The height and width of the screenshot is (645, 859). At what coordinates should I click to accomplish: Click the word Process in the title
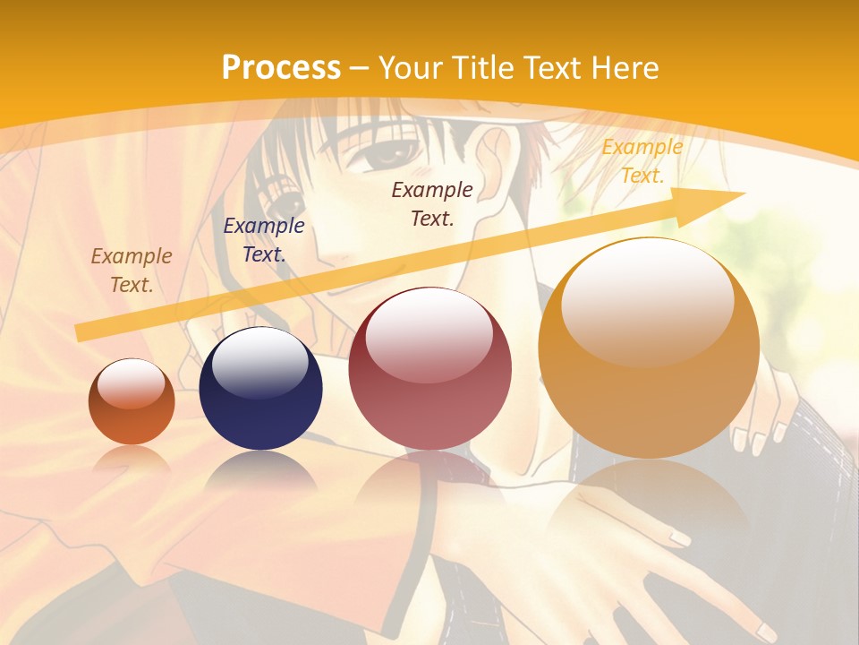coord(281,68)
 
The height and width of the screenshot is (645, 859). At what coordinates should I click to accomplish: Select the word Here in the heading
coord(626,68)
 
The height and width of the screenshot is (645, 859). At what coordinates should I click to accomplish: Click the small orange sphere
coord(132,402)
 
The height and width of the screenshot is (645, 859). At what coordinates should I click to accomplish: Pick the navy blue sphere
coord(260,389)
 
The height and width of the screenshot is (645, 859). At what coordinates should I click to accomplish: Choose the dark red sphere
coord(429,369)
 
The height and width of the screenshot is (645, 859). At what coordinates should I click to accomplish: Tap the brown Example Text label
coord(132,271)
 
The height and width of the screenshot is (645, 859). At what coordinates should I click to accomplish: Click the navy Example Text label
coord(263,240)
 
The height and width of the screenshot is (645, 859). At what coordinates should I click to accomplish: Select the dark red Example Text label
coord(432,203)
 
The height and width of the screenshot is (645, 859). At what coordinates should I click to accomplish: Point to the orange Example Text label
coord(642,161)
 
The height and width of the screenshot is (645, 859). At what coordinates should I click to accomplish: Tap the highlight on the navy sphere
coord(259,363)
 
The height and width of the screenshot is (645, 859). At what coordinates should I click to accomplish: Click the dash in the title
coord(360,68)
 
